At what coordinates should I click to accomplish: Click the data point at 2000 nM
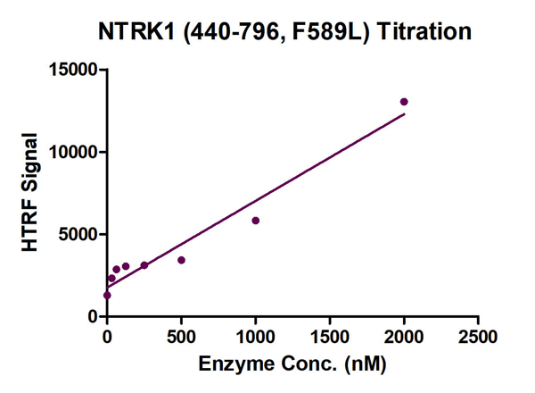tap(404, 102)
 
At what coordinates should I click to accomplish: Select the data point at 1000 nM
tap(255, 221)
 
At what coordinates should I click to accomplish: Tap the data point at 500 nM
tap(181, 260)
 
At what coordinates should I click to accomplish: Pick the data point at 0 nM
tap(107, 295)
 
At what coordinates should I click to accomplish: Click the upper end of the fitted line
tap(404, 113)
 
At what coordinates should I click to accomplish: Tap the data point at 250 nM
tap(144, 265)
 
